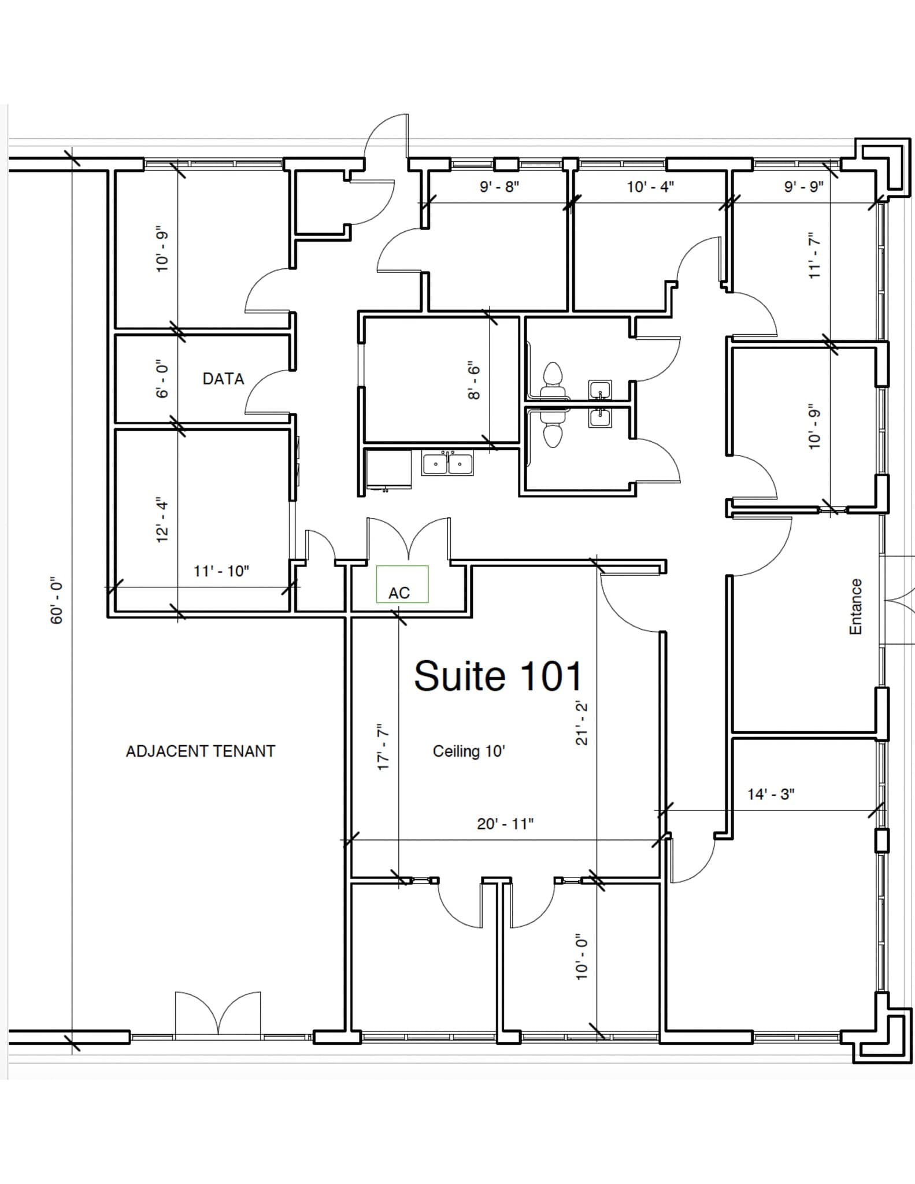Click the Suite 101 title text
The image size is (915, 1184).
498,676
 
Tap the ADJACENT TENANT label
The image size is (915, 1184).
201,751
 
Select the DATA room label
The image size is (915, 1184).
223,379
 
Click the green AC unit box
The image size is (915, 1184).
402,584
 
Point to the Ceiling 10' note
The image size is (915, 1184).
469,751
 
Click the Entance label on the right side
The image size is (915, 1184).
855,606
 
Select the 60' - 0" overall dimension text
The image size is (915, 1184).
56,600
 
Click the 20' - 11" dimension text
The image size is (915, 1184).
505,823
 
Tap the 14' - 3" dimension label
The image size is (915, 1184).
770,794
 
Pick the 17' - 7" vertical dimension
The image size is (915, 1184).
383,746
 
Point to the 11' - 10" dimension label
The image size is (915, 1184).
221,571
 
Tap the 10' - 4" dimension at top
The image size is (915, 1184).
650,187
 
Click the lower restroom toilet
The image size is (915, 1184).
553,431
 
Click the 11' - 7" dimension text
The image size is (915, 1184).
814,256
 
